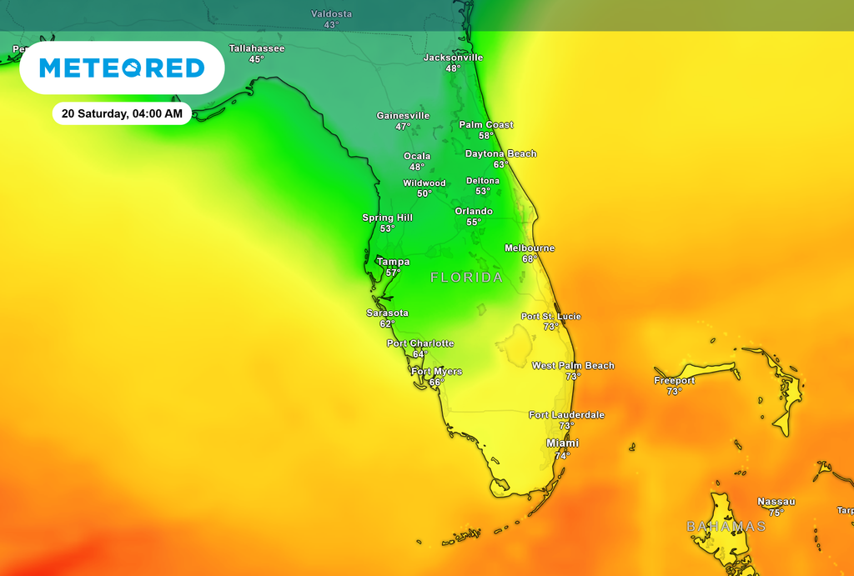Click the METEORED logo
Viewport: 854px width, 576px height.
coord(122,68)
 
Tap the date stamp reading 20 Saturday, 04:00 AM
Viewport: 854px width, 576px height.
coord(122,113)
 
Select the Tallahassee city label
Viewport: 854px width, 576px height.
coord(257,48)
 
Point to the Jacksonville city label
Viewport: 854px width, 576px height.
coord(453,58)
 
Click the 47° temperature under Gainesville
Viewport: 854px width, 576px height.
coord(403,127)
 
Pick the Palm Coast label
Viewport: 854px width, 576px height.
coord(486,125)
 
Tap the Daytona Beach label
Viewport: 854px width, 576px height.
coord(500,154)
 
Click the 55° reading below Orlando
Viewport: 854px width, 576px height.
coord(473,223)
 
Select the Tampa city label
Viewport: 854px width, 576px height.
coord(393,262)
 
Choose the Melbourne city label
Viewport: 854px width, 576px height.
coord(530,248)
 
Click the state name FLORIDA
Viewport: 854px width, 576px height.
coord(466,278)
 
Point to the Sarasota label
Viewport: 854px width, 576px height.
coord(388,313)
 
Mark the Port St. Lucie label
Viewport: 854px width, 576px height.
coord(551,317)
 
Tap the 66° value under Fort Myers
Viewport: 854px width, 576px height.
coord(435,383)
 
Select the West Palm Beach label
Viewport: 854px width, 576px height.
coord(573,366)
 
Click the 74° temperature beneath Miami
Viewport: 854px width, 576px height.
coord(562,456)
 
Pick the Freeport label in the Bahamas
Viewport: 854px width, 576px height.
coord(675,381)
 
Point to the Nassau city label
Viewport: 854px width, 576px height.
coord(776,502)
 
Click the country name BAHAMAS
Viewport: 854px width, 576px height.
coord(726,527)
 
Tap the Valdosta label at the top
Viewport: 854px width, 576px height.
coord(332,14)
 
